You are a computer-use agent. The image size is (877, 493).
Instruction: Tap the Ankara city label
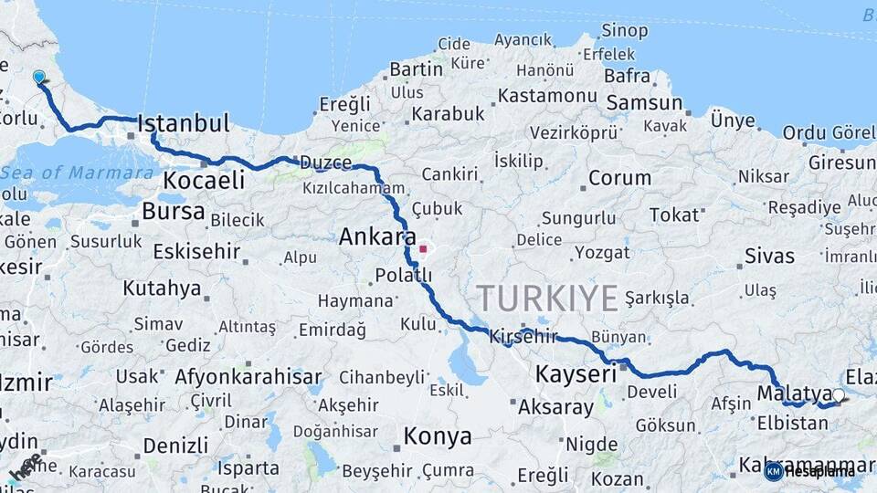point(377,237)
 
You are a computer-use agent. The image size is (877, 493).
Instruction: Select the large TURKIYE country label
point(547,299)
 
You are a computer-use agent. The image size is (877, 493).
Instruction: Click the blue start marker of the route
point(38,78)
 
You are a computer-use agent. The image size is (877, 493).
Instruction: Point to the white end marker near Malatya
point(839,395)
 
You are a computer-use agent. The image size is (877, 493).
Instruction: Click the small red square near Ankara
point(422,248)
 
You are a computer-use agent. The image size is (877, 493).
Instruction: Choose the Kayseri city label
point(576,373)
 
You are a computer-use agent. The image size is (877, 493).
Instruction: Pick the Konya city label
point(438,436)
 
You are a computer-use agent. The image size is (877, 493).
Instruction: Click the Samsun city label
point(644,103)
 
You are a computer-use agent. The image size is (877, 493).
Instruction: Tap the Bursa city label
point(174,212)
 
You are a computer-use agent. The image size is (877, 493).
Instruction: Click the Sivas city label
point(769,256)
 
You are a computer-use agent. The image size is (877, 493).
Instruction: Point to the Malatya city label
point(794,393)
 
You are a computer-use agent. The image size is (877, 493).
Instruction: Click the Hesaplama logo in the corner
point(810,471)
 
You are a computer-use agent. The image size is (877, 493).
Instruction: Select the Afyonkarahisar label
point(248,376)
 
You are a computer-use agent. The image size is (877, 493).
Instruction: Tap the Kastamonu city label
point(547,95)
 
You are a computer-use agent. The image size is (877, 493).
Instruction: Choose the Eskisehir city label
point(196,251)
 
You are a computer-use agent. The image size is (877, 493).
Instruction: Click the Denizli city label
point(175,446)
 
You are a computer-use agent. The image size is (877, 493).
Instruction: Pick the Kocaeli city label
point(204,181)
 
